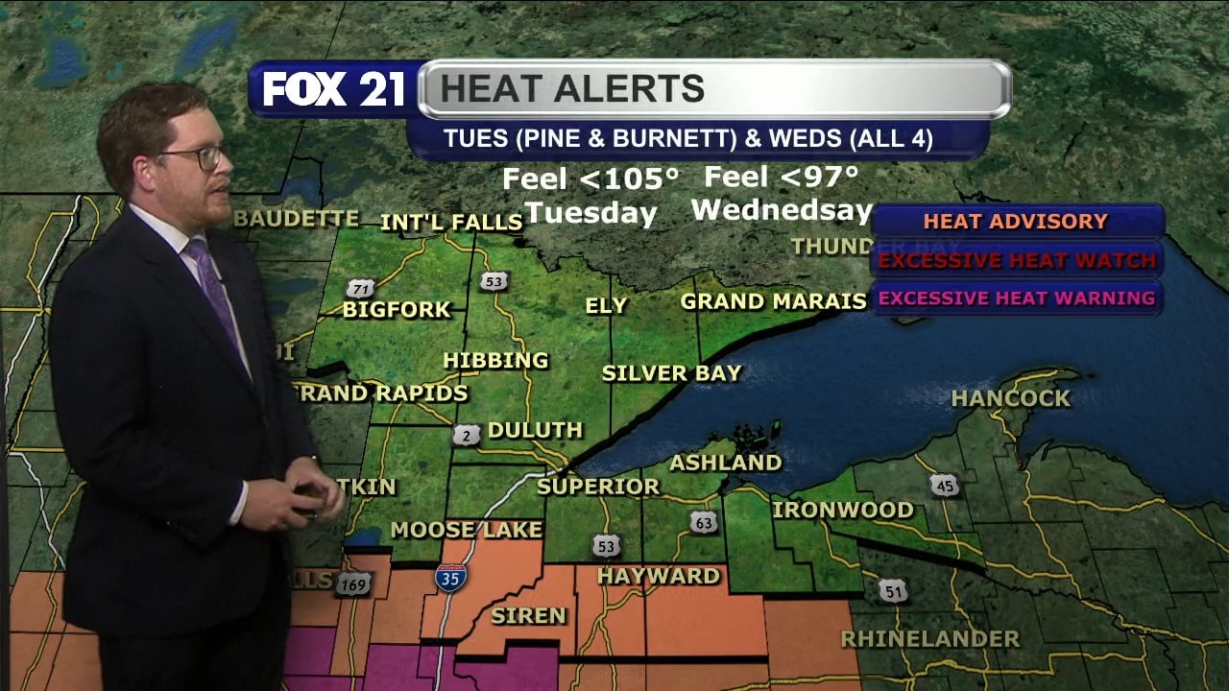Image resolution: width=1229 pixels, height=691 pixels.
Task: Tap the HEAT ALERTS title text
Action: pos(572,89)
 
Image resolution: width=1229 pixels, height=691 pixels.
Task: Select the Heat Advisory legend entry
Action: pos(1015,222)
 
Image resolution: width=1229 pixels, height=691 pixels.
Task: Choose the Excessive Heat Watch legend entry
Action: pos(1017,260)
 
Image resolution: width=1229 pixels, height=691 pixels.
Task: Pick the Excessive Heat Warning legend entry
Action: pos(1017,298)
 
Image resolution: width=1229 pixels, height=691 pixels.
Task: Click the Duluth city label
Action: pos(535,430)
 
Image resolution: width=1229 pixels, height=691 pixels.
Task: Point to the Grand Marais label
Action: pos(773,301)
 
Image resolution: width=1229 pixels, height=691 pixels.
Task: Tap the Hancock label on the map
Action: pos(1010,398)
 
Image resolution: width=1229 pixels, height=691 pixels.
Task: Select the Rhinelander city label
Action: pos(929,639)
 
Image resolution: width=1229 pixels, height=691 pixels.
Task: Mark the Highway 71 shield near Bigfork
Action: pos(360,289)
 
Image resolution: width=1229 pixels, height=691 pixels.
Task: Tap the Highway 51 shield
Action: pos(893,591)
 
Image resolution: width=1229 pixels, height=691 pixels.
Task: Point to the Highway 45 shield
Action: pos(945,486)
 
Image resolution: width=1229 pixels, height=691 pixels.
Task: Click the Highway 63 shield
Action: pos(703,522)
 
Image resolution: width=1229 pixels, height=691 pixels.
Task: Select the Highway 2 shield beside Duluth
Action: pos(467,435)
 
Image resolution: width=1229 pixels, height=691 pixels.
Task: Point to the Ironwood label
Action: pos(842,510)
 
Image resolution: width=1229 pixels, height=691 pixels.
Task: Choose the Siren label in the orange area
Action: pos(528,615)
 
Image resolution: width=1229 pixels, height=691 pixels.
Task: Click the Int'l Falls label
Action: pos(451,223)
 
